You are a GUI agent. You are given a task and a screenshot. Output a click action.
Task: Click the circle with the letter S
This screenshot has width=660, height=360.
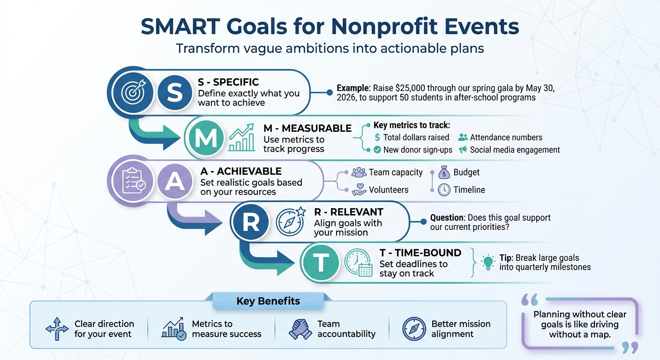[175, 92]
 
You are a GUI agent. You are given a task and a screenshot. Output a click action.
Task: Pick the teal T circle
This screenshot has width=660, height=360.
[321, 262]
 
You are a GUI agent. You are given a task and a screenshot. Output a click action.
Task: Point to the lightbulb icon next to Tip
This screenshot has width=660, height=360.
[488, 262]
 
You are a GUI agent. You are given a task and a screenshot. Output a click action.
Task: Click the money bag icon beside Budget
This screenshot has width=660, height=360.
[444, 172]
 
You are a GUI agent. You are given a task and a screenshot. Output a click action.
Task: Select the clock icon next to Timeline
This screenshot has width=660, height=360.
[444, 190]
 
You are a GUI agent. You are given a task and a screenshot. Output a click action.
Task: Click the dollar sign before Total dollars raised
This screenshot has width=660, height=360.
[377, 137]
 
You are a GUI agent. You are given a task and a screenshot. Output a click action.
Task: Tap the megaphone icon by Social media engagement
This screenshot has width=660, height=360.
[463, 150]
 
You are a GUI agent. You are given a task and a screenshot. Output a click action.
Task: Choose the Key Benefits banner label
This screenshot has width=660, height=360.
[268, 301]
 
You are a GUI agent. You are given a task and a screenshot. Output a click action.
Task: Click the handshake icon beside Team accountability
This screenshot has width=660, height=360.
[300, 329]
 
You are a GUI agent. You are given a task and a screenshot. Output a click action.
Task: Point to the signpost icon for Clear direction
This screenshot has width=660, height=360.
[57, 329]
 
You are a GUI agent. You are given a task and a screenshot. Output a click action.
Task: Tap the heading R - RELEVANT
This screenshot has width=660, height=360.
[349, 212]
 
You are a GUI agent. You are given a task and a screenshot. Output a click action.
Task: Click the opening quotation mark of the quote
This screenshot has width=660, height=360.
[530, 300]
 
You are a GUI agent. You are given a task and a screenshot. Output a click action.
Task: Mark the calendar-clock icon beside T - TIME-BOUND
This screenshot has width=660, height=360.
[359, 262]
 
